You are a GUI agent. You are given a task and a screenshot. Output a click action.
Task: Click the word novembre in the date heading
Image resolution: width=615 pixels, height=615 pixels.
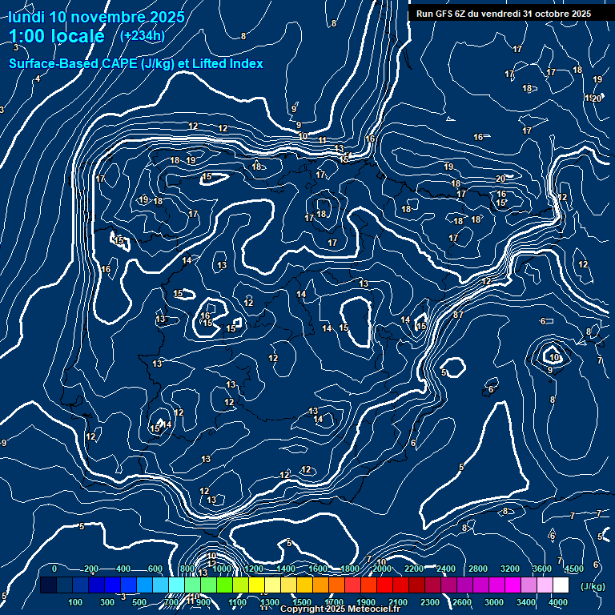(108, 17)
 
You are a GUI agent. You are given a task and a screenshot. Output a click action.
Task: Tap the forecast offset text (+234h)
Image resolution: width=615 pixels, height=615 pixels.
(142, 35)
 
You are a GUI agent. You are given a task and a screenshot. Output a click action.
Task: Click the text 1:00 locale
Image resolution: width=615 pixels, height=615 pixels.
(56, 36)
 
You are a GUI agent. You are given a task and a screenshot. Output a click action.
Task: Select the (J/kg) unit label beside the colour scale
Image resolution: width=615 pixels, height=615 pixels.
(593, 587)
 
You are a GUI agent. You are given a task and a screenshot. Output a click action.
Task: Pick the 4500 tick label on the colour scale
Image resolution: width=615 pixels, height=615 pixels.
(574, 569)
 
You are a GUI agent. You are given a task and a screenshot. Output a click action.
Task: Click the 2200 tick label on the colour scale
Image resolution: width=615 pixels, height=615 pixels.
(414, 569)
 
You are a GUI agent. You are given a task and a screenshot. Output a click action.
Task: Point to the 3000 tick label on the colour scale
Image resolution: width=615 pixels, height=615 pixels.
(494, 602)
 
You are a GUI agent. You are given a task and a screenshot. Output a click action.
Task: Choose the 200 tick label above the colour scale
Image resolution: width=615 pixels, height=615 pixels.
(91, 569)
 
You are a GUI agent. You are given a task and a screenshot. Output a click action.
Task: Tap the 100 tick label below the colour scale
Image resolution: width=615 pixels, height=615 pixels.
(75, 602)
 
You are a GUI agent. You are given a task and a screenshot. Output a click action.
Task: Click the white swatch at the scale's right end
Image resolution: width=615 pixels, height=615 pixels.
(561, 585)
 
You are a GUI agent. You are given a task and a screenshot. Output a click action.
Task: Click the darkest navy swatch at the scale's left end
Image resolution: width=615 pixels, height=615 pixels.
(48, 585)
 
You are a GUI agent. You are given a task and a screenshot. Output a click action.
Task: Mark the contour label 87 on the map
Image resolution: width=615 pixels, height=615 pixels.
(458, 315)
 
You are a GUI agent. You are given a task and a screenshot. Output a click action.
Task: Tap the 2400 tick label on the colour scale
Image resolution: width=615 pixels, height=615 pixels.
(446, 569)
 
